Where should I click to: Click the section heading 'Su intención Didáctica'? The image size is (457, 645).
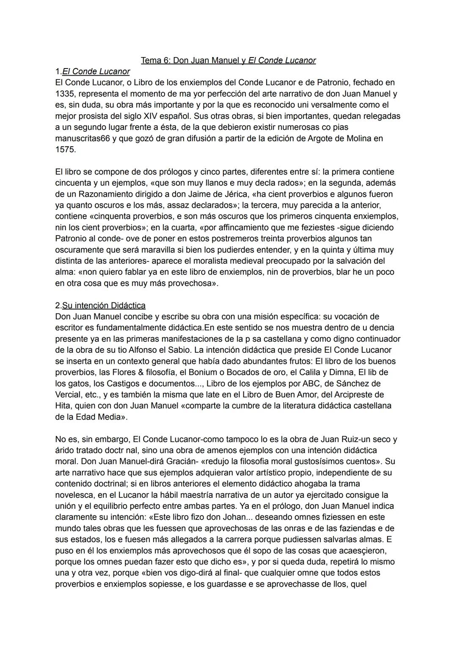tap(104, 305)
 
